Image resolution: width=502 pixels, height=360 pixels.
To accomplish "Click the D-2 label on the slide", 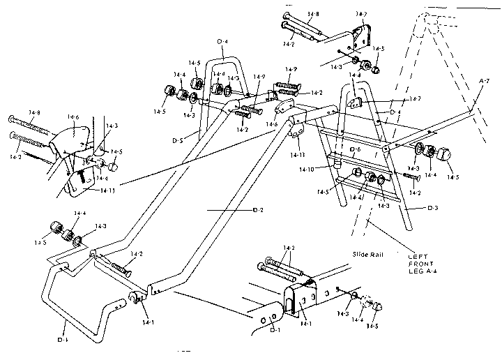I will pos(257,211).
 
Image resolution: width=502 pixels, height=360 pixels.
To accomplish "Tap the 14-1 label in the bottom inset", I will pos(307,325).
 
